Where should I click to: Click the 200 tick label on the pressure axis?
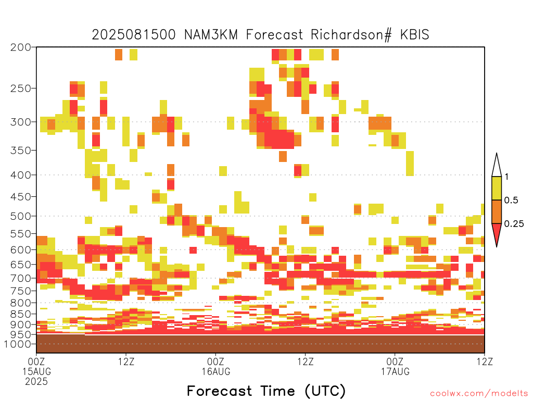(x=21, y=47)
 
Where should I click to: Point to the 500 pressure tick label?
(x=21, y=216)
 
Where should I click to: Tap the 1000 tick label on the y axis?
(x=18, y=344)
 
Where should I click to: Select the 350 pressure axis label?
(x=21, y=151)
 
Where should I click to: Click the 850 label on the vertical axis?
(x=21, y=314)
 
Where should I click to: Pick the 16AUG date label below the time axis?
(x=216, y=371)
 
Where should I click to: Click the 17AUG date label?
(x=395, y=371)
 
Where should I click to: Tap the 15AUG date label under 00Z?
(x=37, y=371)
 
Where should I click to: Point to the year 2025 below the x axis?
(x=36, y=382)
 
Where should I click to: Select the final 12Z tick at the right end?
(x=485, y=361)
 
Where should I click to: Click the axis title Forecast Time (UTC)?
(x=266, y=391)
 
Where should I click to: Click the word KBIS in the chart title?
(x=414, y=35)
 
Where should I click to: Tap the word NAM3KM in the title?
(x=211, y=35)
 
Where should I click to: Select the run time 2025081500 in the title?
(x=134, y=35)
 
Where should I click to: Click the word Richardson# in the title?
(x=351, y=35)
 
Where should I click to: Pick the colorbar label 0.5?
(x=511, y=201)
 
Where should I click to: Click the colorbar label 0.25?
(x=514, y=224)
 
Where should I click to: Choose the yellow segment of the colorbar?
(x=497, y=188)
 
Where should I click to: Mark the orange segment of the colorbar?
(x=497, y=211)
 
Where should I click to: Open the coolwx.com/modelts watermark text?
(x=479, y=394)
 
